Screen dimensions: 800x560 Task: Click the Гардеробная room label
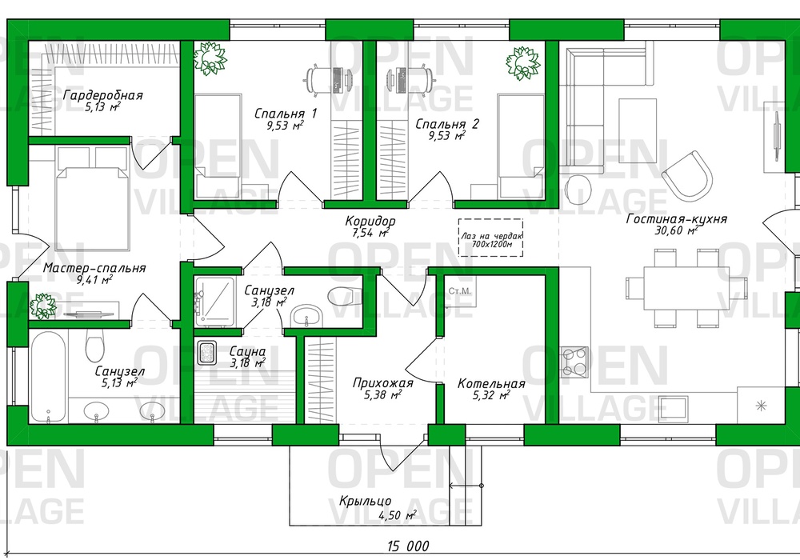coord(103,95)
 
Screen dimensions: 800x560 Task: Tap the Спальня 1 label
coord(286,114)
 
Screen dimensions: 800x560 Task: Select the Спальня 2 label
coord(447,124)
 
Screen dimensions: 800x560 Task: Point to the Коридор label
coord(370,222)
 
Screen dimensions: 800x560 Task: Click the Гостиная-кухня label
coord(677,218)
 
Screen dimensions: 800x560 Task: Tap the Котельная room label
coord(491,383)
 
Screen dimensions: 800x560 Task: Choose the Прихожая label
coord(382,382)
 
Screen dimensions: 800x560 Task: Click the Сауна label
coord(247,351)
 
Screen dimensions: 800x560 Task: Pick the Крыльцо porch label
coord(366,502)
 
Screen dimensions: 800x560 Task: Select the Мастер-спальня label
coord(94,268)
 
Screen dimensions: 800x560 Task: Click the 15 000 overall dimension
coord(408,546)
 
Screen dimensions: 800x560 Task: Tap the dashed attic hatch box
coord(490,238)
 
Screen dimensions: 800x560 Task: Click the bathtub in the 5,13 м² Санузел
coord(48,378)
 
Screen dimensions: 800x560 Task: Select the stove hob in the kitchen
coord(574,362)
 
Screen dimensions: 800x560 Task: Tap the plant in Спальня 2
coord(523,63)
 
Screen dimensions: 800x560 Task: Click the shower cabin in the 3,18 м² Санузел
coord(214,302)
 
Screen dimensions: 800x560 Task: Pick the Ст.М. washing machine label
coord(460,292)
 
